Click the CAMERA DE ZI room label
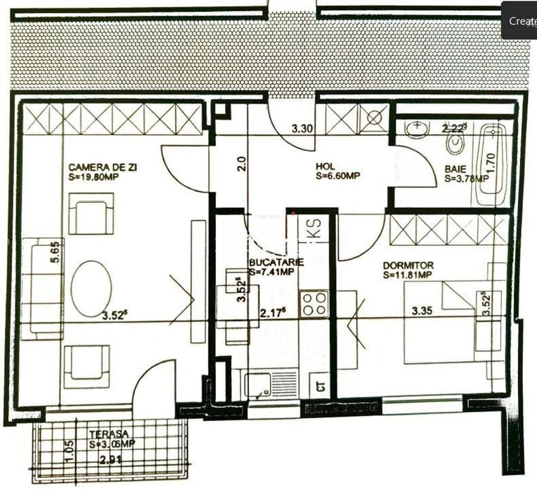coord(103,167)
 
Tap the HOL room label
coord(326,166)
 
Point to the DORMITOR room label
coord(408,265)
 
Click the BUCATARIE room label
coord(276,262)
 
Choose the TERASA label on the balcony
coord(109,434)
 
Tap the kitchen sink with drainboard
coord(271,384)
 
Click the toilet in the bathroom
coord(454,144)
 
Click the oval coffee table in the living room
coord(91,288)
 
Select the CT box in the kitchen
coord(321,386)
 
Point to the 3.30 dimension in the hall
coord(302,129)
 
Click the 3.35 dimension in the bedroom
coord(422,311)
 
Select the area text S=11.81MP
coord(408,275)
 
